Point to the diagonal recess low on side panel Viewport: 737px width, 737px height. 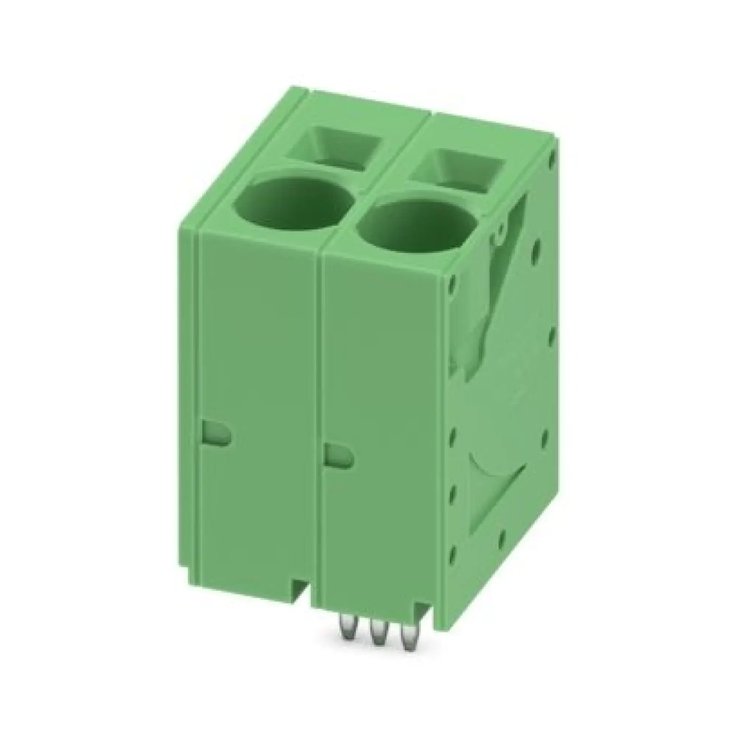click(496, 496)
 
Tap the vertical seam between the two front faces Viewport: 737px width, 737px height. click(317, 420)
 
